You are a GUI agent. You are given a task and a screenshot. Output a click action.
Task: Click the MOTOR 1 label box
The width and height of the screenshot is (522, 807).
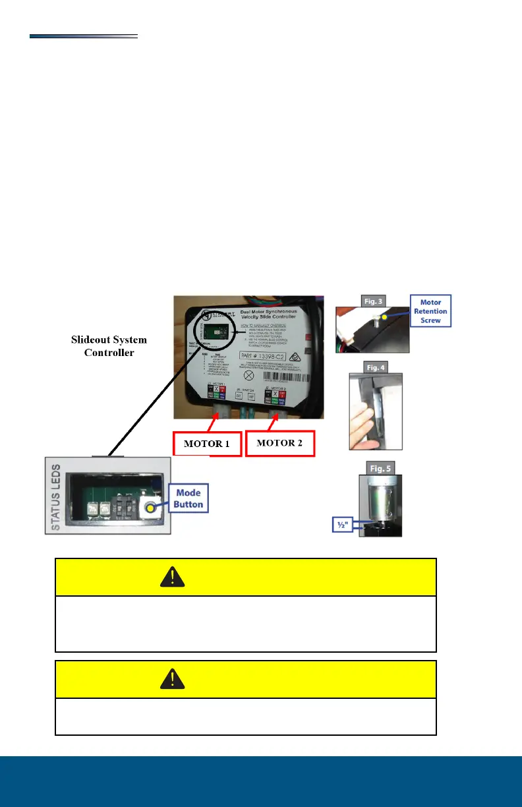pyautogui.click(x=207, y=443)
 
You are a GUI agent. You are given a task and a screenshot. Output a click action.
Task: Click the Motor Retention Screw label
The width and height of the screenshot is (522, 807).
pyautogui.click(x=431, y=312)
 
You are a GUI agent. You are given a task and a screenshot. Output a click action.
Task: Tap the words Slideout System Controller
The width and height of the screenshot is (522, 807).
pyautogui.click(x=109, y=345)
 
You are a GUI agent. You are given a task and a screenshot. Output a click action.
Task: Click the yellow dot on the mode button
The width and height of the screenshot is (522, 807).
pyautogui.click(x=151, y=508)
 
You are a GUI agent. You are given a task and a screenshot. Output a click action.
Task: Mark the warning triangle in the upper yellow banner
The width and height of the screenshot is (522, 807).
pyautogui.click(x=172, y=578)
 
